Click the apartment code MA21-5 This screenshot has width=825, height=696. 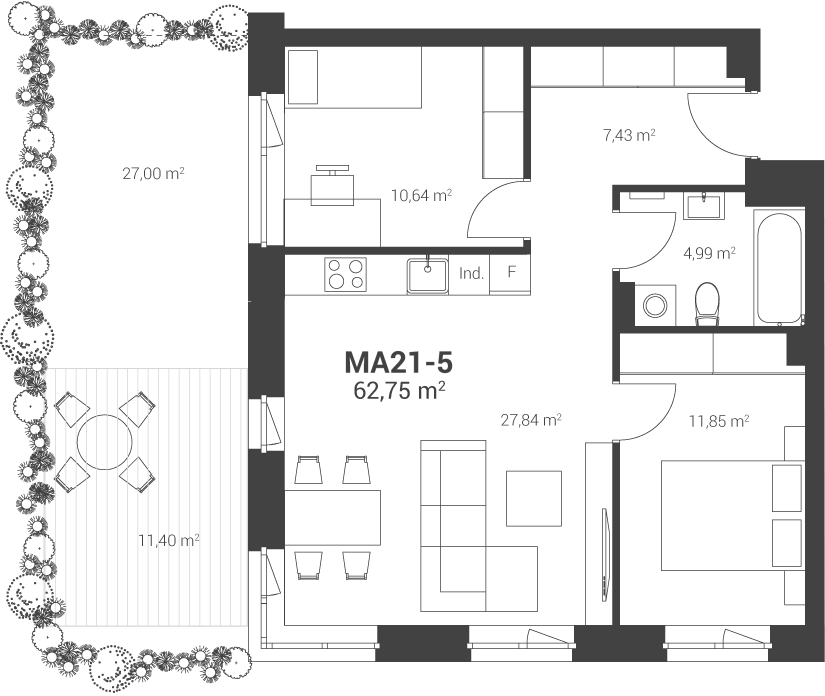coord(398,363)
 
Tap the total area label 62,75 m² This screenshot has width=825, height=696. coord(399,390)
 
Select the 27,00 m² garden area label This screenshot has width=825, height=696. coord(153,174)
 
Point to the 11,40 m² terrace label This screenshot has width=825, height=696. coord(169,540)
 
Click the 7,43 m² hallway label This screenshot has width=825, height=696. coord(629,135)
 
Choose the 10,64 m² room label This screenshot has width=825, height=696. coord(421,195)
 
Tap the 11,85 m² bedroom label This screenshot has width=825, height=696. coord(719,421)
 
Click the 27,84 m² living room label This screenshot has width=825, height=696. coord(531,420)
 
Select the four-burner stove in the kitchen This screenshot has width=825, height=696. coord(345,274)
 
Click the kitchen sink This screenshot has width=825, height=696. coord(427,275)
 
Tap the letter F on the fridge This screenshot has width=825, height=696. coord(511,272)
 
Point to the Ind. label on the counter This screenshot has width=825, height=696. coord(471,273)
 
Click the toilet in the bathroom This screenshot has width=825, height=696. coord(707,304)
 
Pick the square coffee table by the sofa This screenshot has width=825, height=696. coord(534,498)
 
